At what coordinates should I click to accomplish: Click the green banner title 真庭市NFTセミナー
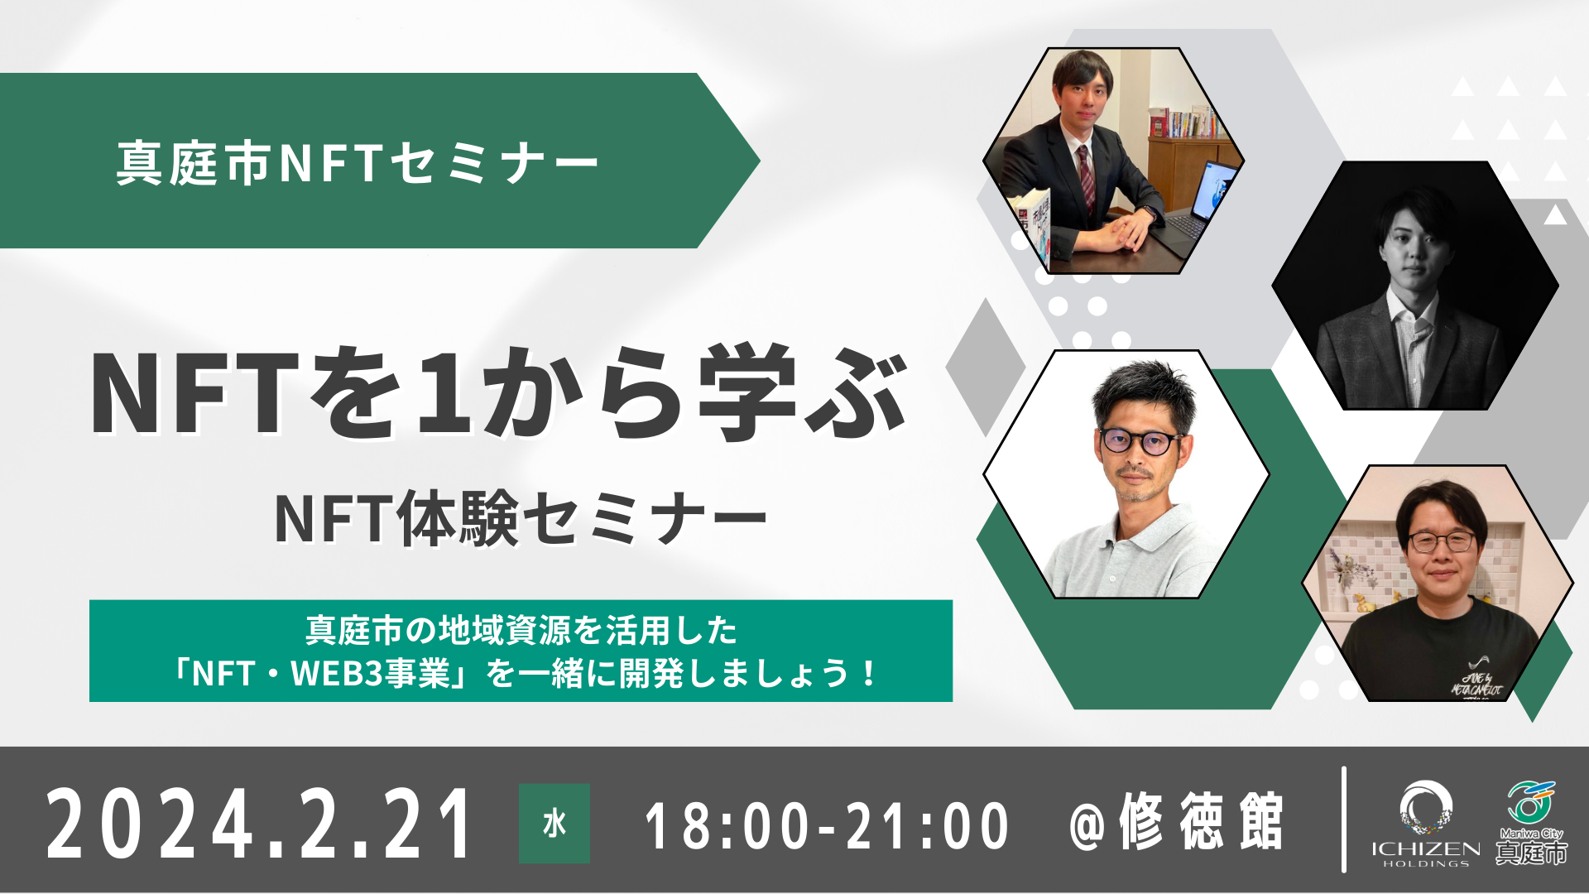357,162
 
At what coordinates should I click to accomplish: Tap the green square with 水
554,824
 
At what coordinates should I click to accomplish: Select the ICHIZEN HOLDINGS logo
1425,824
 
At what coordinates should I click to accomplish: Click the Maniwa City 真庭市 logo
1531,824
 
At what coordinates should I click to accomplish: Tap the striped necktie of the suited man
1085,178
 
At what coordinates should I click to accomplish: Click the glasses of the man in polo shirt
1140,442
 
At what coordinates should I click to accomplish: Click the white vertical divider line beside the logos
1343,819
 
